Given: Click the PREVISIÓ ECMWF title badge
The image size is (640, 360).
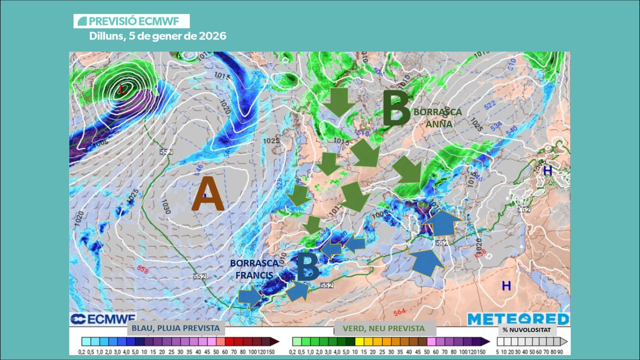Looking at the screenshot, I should coord(131,21).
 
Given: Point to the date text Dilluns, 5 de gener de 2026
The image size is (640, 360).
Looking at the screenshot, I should coord(158,36).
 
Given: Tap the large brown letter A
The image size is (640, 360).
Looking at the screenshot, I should coord(207,194).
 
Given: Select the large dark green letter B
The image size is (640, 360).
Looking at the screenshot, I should coord(396,108).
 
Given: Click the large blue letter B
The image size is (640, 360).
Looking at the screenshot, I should coord(308,267).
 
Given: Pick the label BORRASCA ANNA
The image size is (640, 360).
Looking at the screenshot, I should coord(438,118).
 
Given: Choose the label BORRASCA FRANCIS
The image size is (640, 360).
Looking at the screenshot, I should coord(254,269).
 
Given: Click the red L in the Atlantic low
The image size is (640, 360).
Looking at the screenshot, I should coord(122,90).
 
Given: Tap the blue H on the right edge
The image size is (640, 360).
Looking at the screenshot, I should coord(547,171).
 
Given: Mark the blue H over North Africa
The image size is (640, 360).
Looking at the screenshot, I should coord(506,286).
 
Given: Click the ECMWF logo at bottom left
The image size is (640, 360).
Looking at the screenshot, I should coord(103,319).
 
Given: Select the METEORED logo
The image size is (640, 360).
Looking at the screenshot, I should coord(518,319).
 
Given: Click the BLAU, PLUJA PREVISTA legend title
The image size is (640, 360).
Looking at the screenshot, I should coord(176,328).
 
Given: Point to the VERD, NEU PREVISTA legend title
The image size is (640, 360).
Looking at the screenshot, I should coord(384,328).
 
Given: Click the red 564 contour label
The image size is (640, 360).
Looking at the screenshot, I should coord(399,312).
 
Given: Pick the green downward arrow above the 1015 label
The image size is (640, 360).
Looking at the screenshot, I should coord(339,102).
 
